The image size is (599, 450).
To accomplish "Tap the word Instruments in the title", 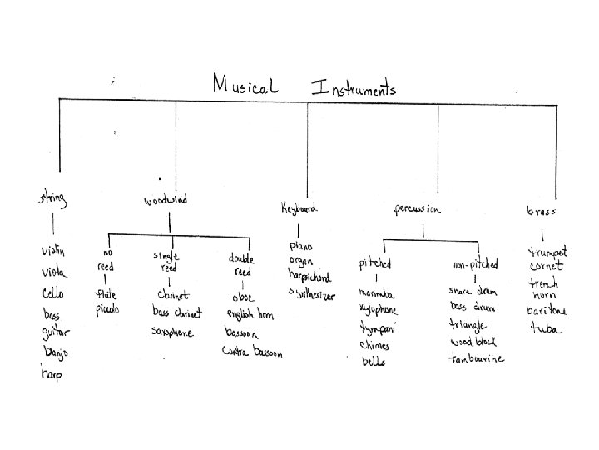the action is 354,87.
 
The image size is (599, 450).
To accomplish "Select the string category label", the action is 52,199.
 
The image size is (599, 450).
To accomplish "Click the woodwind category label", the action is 166,200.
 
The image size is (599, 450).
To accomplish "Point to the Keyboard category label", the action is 299,207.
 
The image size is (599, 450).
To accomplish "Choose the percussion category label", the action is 417,208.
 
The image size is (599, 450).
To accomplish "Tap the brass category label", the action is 541,212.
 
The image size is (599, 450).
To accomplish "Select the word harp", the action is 52,374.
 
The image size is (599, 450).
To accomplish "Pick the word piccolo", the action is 107,308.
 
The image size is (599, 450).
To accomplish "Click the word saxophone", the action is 172,332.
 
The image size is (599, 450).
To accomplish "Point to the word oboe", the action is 244,297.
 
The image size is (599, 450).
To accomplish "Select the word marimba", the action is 377,293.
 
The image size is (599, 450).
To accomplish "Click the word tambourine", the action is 477,359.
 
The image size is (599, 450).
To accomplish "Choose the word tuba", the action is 546,327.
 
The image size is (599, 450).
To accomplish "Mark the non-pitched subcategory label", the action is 475,264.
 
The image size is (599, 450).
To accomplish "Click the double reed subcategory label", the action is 241,264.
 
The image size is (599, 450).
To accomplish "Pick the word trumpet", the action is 548,251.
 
